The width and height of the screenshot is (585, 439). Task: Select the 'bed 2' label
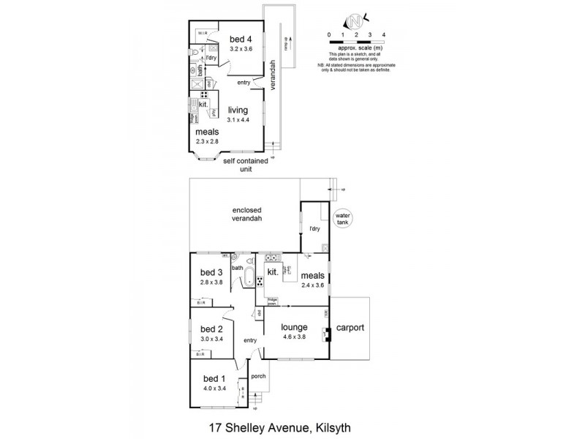(x=211, y=329)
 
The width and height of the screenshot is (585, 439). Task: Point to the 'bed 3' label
(x=211, y=272)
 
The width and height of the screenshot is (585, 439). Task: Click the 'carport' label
(x=350, y=329)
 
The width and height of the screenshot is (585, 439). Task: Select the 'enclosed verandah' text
(x=243, y=214)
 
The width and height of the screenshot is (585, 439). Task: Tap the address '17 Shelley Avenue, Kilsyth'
(x=292, y=424)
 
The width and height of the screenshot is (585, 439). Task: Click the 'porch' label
(x=258, y=377)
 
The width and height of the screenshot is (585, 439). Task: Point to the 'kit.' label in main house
(x=273, y=271)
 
